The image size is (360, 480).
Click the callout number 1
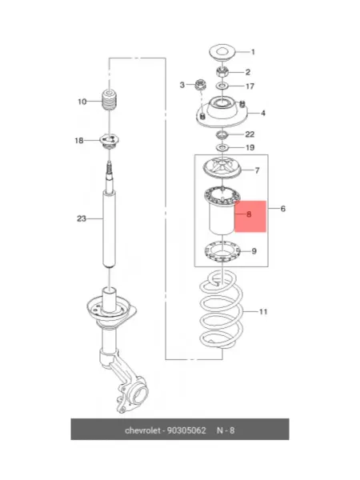point(253,52)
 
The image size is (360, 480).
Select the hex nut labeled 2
point(222,72)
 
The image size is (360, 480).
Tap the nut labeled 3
point(200,84)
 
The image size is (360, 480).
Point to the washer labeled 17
point(222,86)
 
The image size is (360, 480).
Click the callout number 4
point(263,114)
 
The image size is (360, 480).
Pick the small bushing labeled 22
point(222,134)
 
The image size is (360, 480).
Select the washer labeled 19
point(222,148)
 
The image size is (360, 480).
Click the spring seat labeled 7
point(222,168)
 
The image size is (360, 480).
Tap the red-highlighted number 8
point(249,214)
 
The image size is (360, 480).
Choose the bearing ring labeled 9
point(222,252)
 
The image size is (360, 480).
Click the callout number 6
point(283,209)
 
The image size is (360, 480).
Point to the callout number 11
point(263,312)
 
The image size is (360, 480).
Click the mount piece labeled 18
point(110,141)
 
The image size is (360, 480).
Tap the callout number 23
point(82,219)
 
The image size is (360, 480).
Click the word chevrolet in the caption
point(142,430)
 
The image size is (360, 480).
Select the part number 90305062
point(186,430)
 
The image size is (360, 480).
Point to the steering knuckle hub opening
point(139,394)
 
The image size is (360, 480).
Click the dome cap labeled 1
point(222,52)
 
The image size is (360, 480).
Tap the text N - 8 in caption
point(226,430)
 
